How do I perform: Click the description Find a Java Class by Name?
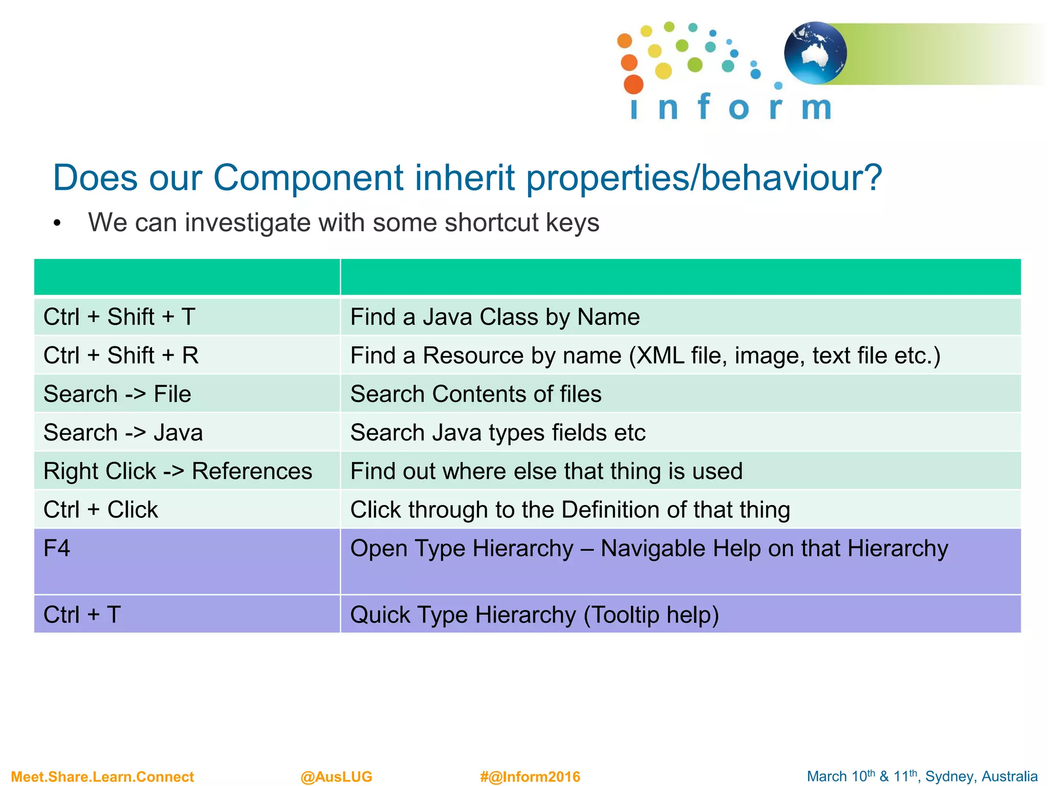tap(495, 317)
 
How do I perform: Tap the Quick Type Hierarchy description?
tap(534, 615)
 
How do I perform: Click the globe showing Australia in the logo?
tap(815, 53)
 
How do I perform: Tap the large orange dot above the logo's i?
tap(634, 84)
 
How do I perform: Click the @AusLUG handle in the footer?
tap(336, 777)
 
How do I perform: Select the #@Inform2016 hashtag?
tap(530, 777)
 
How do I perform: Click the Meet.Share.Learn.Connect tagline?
tap(102, 777)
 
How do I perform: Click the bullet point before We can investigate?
tap(57, 224)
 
